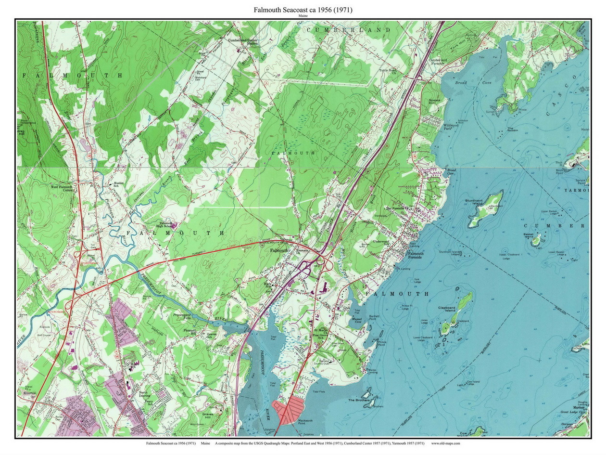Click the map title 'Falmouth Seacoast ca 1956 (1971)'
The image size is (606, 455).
[303, 10]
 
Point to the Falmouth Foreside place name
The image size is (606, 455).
[415, 256]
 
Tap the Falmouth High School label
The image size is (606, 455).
[165, 225]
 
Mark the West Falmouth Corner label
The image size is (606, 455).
[62, 189]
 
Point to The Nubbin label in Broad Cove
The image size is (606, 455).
[513, 129]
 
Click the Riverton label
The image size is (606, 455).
[30, 393]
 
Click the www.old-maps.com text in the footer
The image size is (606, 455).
[445, 443]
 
